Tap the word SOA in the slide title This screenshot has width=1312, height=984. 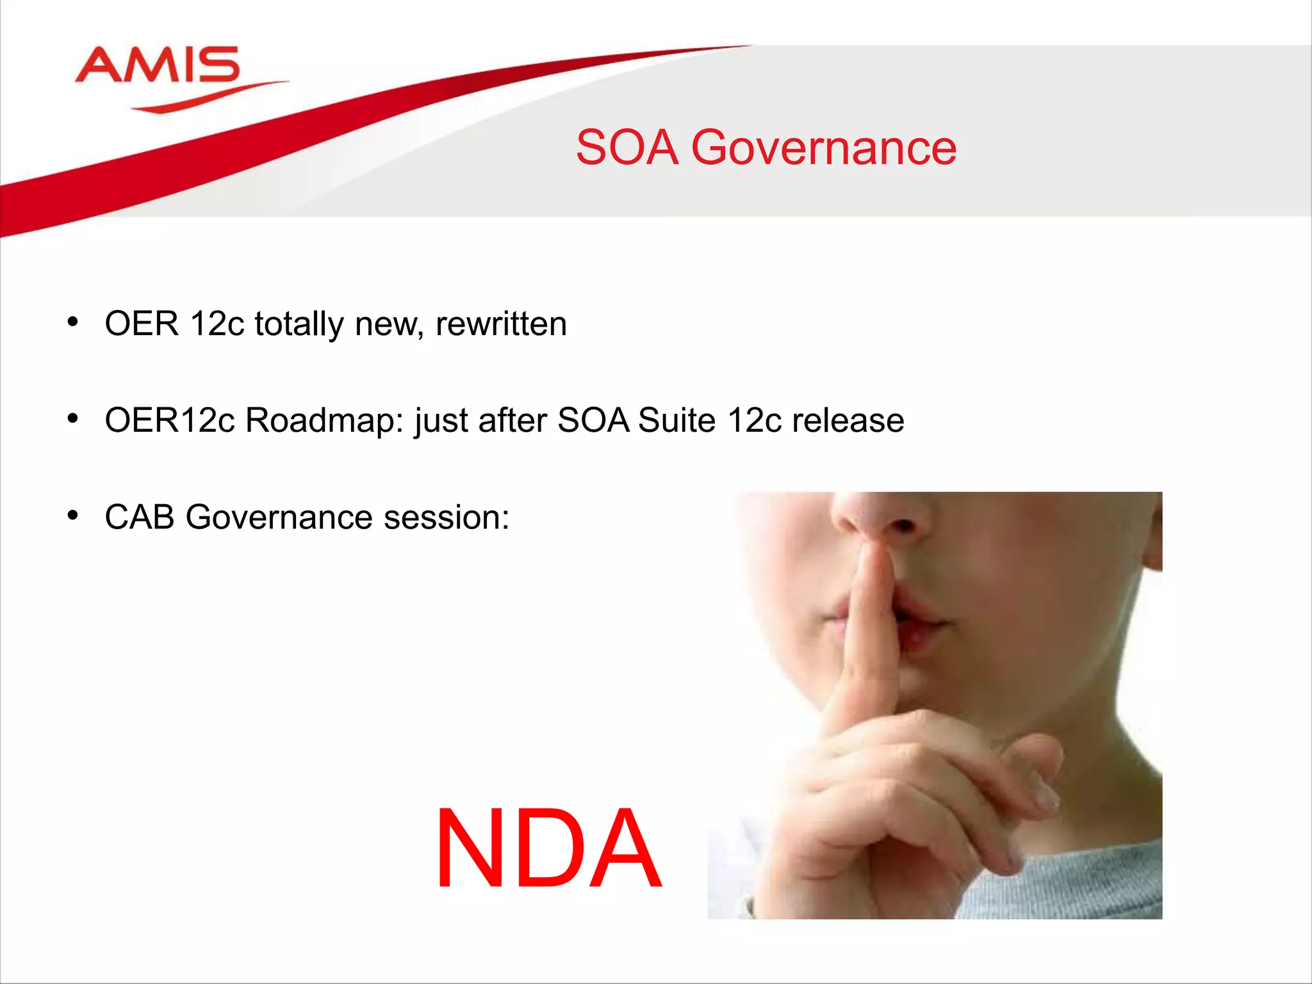click(x=627, y=148)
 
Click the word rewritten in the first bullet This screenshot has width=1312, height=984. click(x=501, y=324)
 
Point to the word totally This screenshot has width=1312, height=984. click(x=299, y=324)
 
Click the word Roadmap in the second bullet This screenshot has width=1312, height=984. click(x=324, y=421)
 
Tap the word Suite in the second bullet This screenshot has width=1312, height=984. click(x=676, y=421)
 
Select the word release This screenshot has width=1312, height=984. click(x=848, y=421)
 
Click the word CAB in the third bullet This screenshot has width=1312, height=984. click(x=139, y=517)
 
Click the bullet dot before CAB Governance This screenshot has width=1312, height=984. click(x=73, y=515)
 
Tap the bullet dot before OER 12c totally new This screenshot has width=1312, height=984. click(x=73, y=322)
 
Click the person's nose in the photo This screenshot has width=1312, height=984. click(x=881, y=512)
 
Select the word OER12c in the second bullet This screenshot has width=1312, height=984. click(x=170, y=421)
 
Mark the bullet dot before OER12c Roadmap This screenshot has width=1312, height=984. click(x=73, y=419)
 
